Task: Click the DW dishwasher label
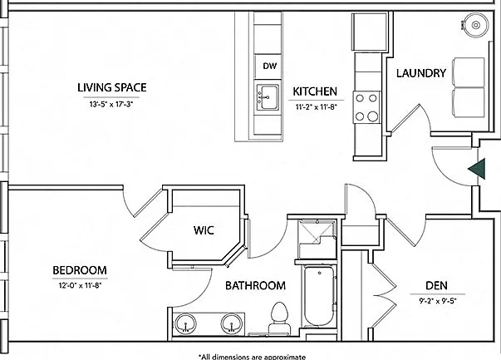[270, 67]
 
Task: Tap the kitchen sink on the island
[268, 97]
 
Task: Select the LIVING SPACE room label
[112, 87]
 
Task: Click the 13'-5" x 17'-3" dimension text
[111, 104]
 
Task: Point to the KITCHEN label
[315, 91]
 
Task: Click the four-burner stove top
[366, 107]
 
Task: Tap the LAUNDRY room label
[420, 73]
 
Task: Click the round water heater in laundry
[476, 25]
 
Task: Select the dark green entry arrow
[477, 169]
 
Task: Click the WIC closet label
[204, 230]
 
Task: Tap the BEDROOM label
[80, 270]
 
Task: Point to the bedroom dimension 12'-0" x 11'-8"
[80, 285]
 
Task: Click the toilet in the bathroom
[279, 318]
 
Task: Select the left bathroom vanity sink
[185, 323]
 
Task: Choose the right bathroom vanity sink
[231, 323]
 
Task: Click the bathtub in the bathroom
[320, 295]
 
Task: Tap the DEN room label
[436, 285]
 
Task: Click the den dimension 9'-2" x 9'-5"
[438, 300]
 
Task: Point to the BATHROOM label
[255, 285]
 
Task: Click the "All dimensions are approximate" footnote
[252, 357]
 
